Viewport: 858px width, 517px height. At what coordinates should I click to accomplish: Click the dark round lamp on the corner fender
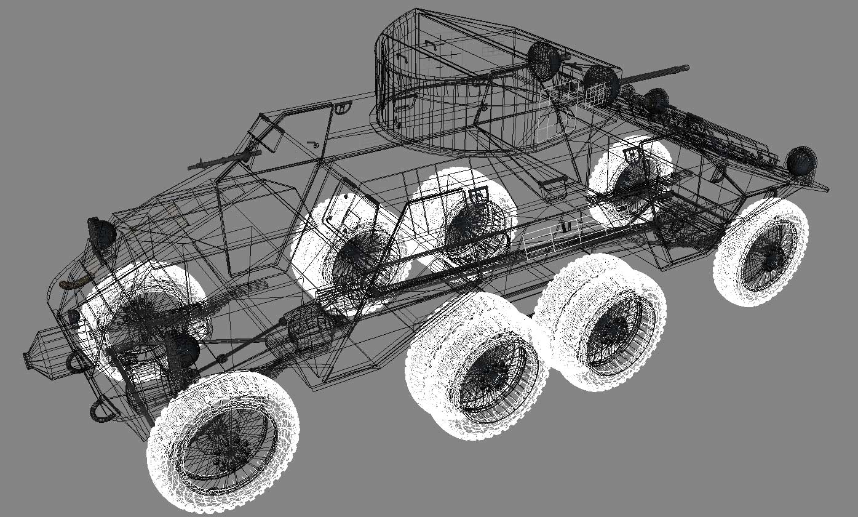tap(802, 161)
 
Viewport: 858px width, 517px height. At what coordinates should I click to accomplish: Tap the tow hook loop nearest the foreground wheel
tap(102, 412)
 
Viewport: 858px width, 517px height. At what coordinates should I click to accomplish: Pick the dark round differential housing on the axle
tap(184, 350)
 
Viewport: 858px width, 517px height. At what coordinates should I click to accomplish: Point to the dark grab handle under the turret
tap(554, 182)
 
